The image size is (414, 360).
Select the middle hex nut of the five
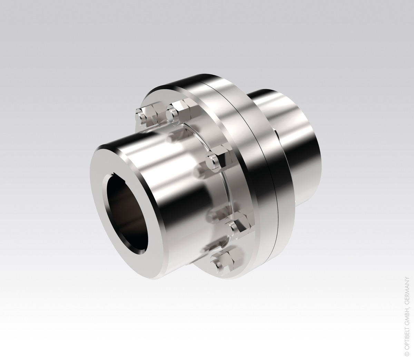[218, 162]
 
